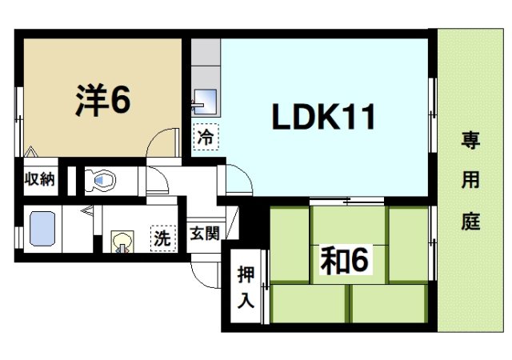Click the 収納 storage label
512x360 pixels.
pos(38,179)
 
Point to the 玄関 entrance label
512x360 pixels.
pos(204,234)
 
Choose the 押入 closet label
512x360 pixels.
pos(246,287)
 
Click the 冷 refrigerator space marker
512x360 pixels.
pos(206,137)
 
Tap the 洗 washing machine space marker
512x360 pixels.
pos(162,238)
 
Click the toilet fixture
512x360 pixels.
pos(101,181)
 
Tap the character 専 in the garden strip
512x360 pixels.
pos(470,142)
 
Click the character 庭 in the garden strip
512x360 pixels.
pos(470,222)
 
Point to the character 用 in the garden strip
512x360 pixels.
pos(470,182)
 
